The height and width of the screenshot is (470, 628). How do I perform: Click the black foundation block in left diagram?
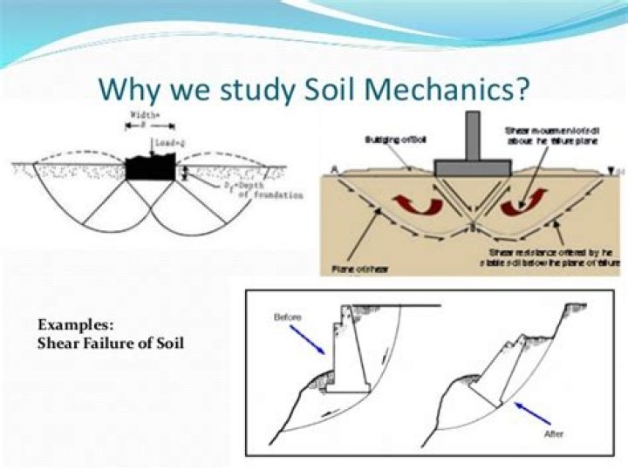pyautogui.click(x=150, y=168)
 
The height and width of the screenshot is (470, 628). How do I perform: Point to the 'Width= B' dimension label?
pyautogui.click(x=141, y=118)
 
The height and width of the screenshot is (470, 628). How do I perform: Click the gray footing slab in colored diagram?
pyautogui.click(x=474, y=166)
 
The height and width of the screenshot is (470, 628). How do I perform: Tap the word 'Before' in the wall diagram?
pyautogui.click(x=288, y=317)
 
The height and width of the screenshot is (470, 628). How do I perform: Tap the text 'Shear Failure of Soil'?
pyautogui.click(x=110, y=342)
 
